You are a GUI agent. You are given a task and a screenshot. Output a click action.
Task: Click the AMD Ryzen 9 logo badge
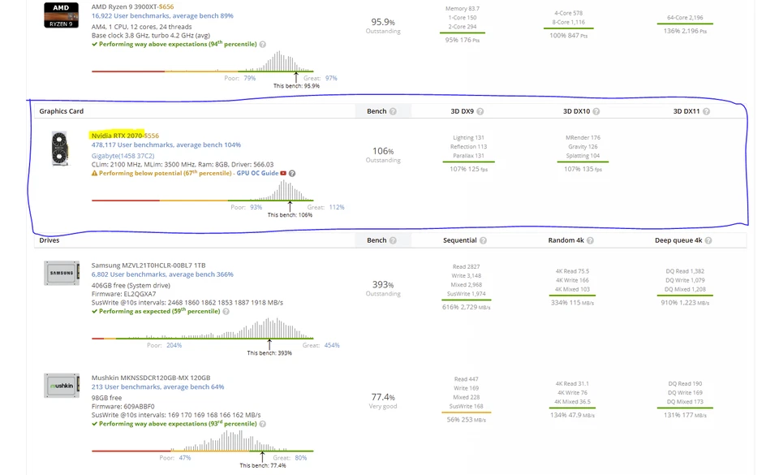click(61, 15)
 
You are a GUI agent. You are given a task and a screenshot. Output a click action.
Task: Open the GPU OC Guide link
click(257, 173)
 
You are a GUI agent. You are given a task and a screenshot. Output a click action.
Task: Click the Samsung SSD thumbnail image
click(61, 273)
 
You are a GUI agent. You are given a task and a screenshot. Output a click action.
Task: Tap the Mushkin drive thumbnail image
click(61, 386)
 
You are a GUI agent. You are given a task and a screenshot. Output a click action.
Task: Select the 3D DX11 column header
click(686, 111)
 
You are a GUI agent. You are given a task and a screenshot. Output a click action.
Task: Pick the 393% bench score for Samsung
click(382, 284)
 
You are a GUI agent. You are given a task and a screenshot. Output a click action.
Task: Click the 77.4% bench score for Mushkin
click(382, 397)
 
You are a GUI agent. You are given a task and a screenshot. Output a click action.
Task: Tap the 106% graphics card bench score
click(382, 151)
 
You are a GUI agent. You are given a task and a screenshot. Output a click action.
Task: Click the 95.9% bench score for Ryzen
click(382, 22)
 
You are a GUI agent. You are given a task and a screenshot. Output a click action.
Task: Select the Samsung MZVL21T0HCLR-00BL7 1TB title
click(148, 266)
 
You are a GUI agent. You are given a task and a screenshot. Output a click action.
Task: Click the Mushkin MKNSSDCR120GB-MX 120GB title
click(151, 378)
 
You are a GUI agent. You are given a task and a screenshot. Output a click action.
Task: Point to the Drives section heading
click(49, 240)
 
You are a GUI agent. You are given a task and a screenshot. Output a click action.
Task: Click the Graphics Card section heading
click(62, 111)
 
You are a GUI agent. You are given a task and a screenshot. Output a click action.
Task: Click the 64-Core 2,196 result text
click(685, 17)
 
